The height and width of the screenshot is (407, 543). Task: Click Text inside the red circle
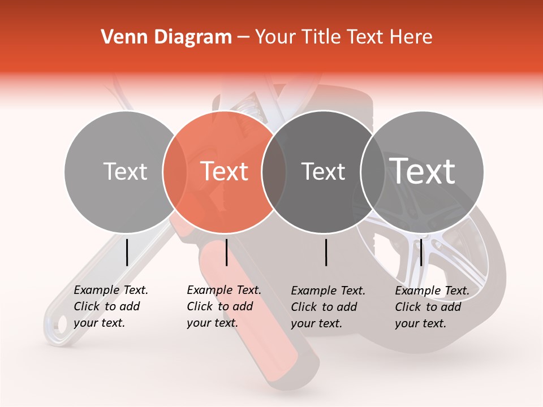[x=225, y=171]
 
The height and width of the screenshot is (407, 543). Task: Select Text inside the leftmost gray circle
[x=125, y=171]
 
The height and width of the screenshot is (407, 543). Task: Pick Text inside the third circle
[x=324, y=171]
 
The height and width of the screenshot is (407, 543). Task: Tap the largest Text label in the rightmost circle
[x=423, y=171]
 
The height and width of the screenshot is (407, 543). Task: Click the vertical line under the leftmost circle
[x=127, y=252]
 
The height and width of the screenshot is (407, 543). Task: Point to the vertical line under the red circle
[x=226, y=252]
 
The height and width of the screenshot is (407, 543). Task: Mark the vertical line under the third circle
[x=326, y=252]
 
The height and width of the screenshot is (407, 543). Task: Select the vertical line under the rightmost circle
[x=421, y=252]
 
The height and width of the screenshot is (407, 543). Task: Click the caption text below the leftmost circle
[x=111, y=306]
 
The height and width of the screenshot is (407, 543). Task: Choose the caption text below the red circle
[x=224, y=306]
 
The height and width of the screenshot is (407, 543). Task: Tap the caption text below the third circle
[x=328, y=307]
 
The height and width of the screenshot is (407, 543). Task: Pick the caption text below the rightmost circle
[x=432, y=307]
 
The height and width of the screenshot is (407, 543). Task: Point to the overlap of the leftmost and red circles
[x=175, y=171]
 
